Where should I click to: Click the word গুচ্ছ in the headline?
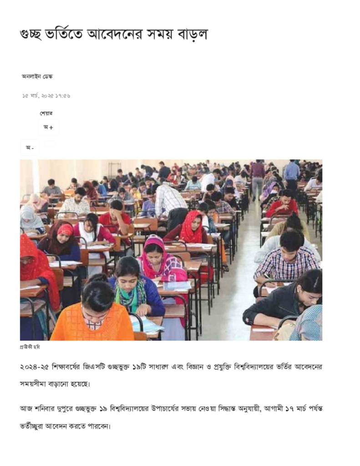[33, 35]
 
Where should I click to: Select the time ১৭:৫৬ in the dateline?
[63, 96]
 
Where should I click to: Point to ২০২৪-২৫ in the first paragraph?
[35, 367]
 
